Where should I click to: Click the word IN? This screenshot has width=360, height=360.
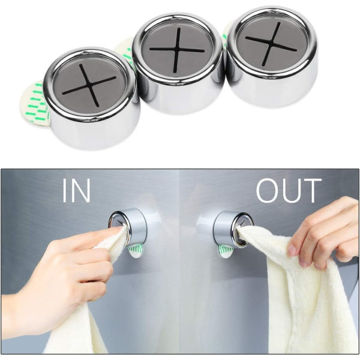[76, 190]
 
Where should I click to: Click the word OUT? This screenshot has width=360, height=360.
[289, 190]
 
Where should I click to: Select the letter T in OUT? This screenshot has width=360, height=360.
[312, 191]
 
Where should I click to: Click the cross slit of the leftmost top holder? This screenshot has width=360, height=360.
[89, 85]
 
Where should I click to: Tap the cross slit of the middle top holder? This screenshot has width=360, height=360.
[177, 50]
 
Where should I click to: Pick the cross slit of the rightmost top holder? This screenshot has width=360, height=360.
[271, 43]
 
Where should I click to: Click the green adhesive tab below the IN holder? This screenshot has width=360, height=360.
[136, 250]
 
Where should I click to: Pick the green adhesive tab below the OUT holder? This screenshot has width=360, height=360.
[226, 250]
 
